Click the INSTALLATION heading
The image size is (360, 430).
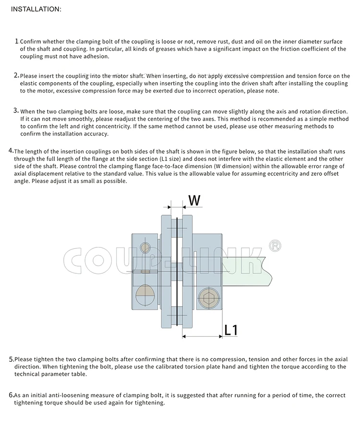[x=36, y=9]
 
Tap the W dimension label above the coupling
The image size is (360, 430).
[x=193, y=200]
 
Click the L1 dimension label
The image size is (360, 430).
[x=231, y=330]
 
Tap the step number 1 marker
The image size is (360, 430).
[x=17, y=42]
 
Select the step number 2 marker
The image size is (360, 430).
[x=16, y=75]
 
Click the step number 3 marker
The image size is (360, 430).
[x=16, y=111]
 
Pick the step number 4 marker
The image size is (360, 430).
[x=11, y=151]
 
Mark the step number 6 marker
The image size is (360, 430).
[x=12, y=395]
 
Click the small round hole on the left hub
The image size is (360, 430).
[x=145, y=248]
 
